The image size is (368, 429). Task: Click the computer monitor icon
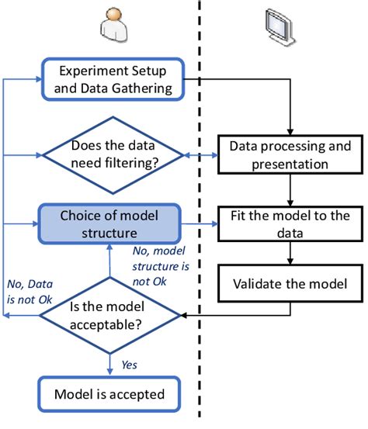pyautogui.click(x=279, y=26)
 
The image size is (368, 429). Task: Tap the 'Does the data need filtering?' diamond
pyautogui.click(x=112, y=154)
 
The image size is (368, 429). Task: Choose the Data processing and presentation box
pyautogui.click(x=290, y=154)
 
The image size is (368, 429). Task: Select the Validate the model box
pyautogui.click(x=290, y=284)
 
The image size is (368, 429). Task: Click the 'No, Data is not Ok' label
pyautogui.click(x=28, y=289)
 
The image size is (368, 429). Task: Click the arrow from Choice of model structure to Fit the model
pyautogui.click(x=200, y=225)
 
